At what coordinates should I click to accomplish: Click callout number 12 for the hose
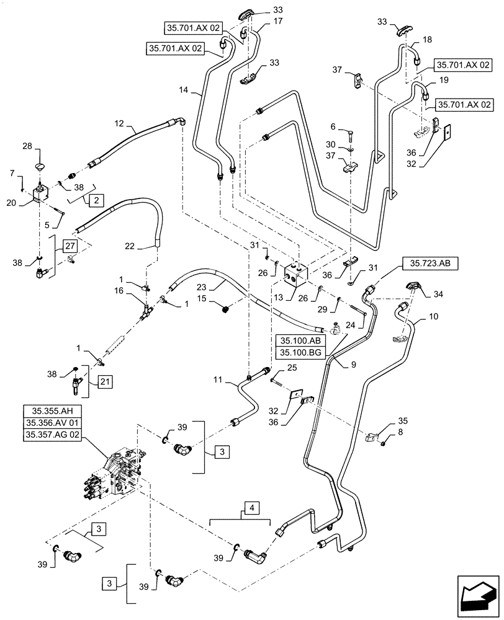pyautogui.click(x=119, y=124)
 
